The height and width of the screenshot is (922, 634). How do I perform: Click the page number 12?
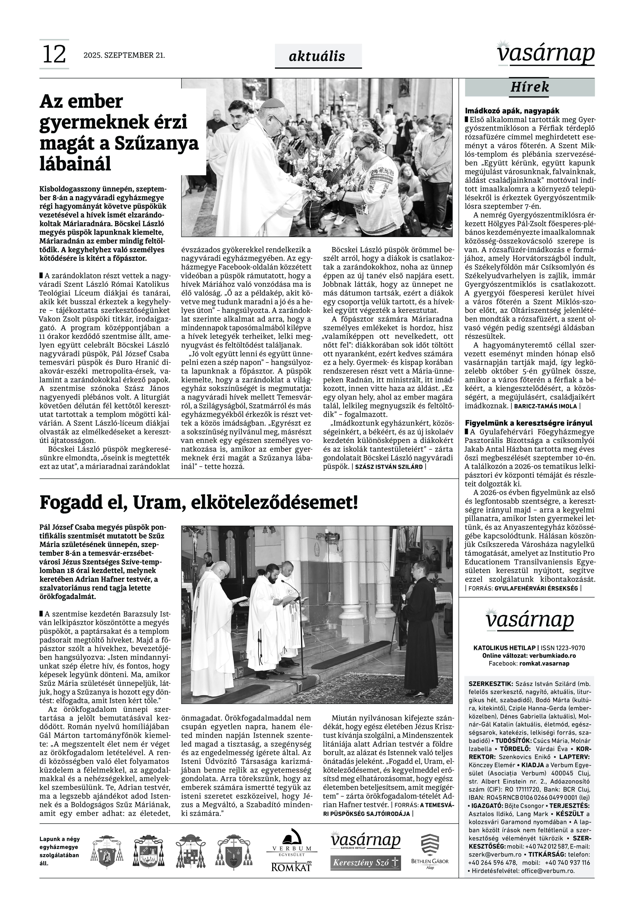[x=54, y=54]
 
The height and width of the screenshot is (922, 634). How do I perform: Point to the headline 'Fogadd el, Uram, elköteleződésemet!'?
[x=199, y=503]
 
